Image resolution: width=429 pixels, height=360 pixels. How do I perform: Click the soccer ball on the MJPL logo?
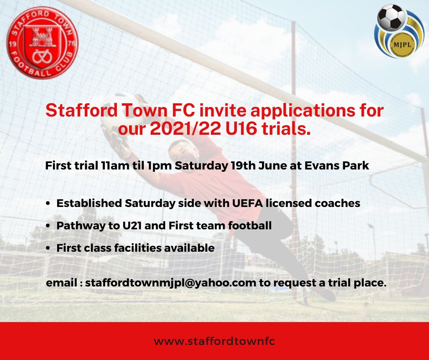392,17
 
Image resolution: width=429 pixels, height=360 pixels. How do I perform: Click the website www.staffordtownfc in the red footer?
214,341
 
